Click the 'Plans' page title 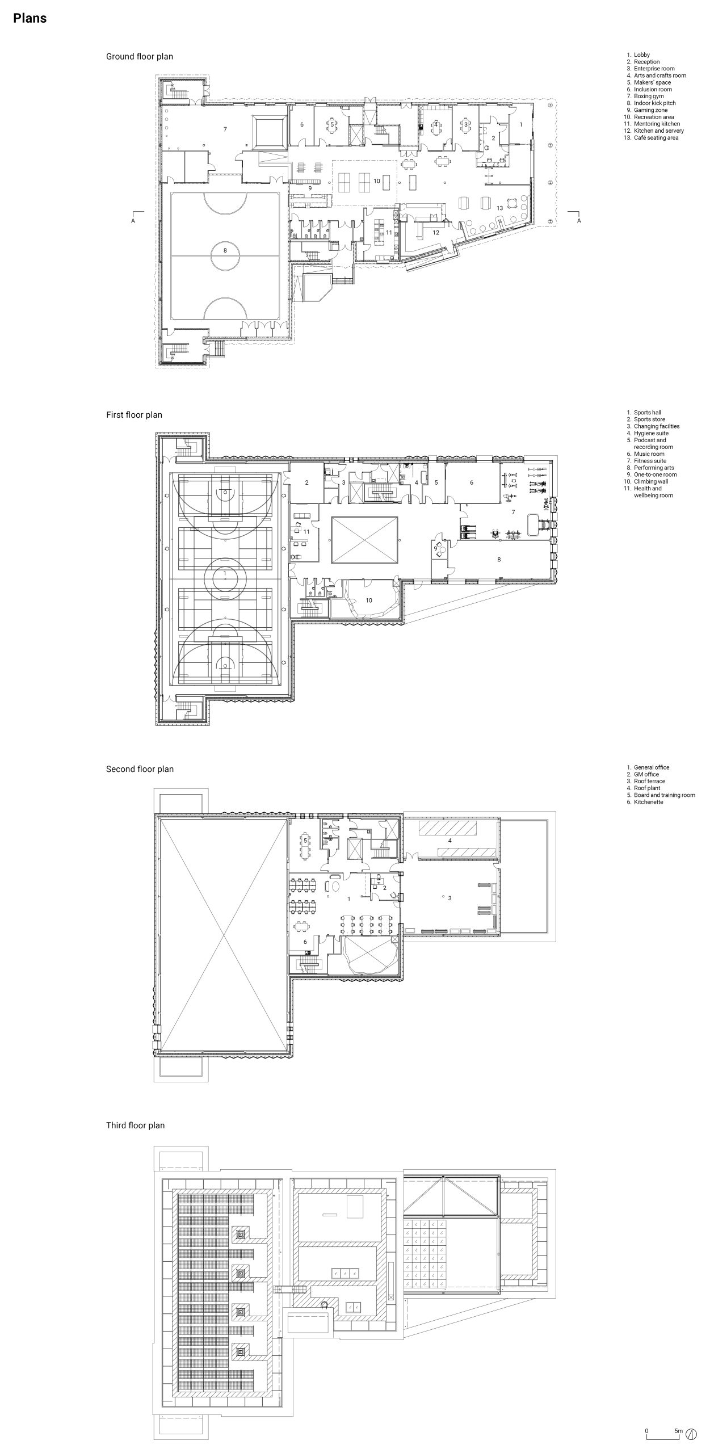[30, 18]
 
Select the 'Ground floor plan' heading [140, 57]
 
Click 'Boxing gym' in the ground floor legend [649, 96]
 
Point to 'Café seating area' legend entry [656, 138]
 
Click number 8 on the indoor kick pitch [225, 250]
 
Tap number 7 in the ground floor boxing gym [225, 129]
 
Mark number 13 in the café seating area [500, 208]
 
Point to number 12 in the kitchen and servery [436, 232]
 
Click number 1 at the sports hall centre [225, 574]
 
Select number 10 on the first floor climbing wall [369, 600]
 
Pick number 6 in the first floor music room [472, 483]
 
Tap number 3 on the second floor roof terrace [450, 898]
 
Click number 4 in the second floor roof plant [450, 840]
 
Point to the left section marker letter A [133, 221]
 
